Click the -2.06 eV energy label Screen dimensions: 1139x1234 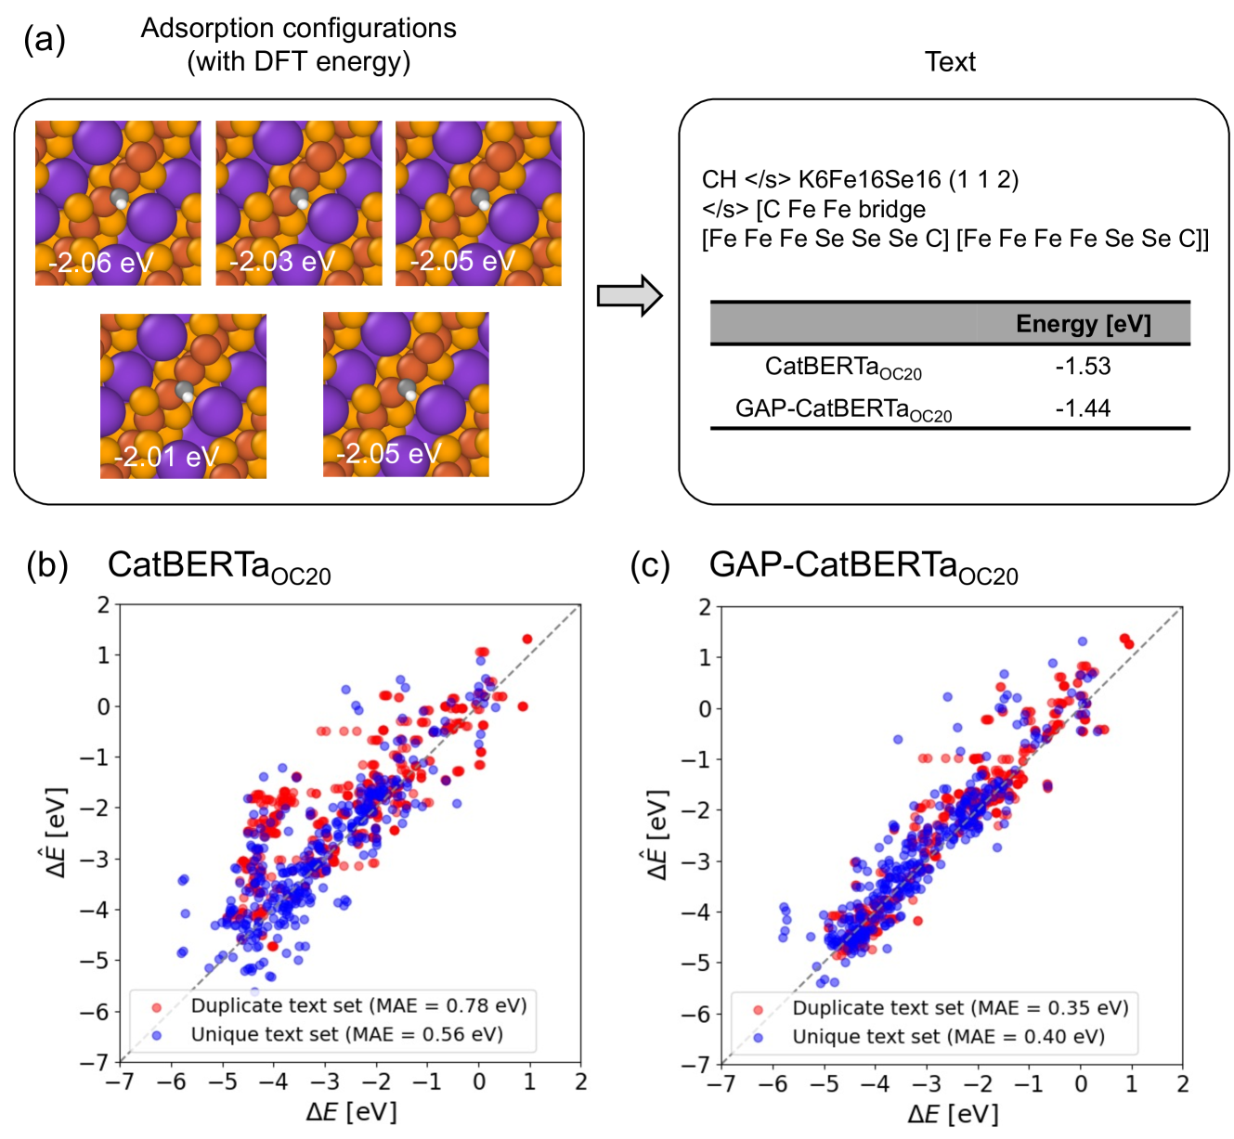100,263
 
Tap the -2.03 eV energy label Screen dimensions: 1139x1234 281,262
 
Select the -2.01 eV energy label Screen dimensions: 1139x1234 165,457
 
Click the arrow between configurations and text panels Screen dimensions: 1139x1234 630,296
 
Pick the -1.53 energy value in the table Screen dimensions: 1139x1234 1083,366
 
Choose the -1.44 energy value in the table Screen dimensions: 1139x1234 1083,408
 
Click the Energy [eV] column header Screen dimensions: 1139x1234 1083,324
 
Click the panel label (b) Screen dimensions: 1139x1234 47,565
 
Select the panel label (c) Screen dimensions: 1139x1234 650,565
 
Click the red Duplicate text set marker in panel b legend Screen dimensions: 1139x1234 156,1006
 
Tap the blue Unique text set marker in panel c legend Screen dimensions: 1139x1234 758,1037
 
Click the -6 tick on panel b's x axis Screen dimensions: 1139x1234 171,1082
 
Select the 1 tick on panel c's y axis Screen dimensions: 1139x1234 705,657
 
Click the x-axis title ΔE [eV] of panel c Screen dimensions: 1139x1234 953,1115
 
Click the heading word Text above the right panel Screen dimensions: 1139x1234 950,62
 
